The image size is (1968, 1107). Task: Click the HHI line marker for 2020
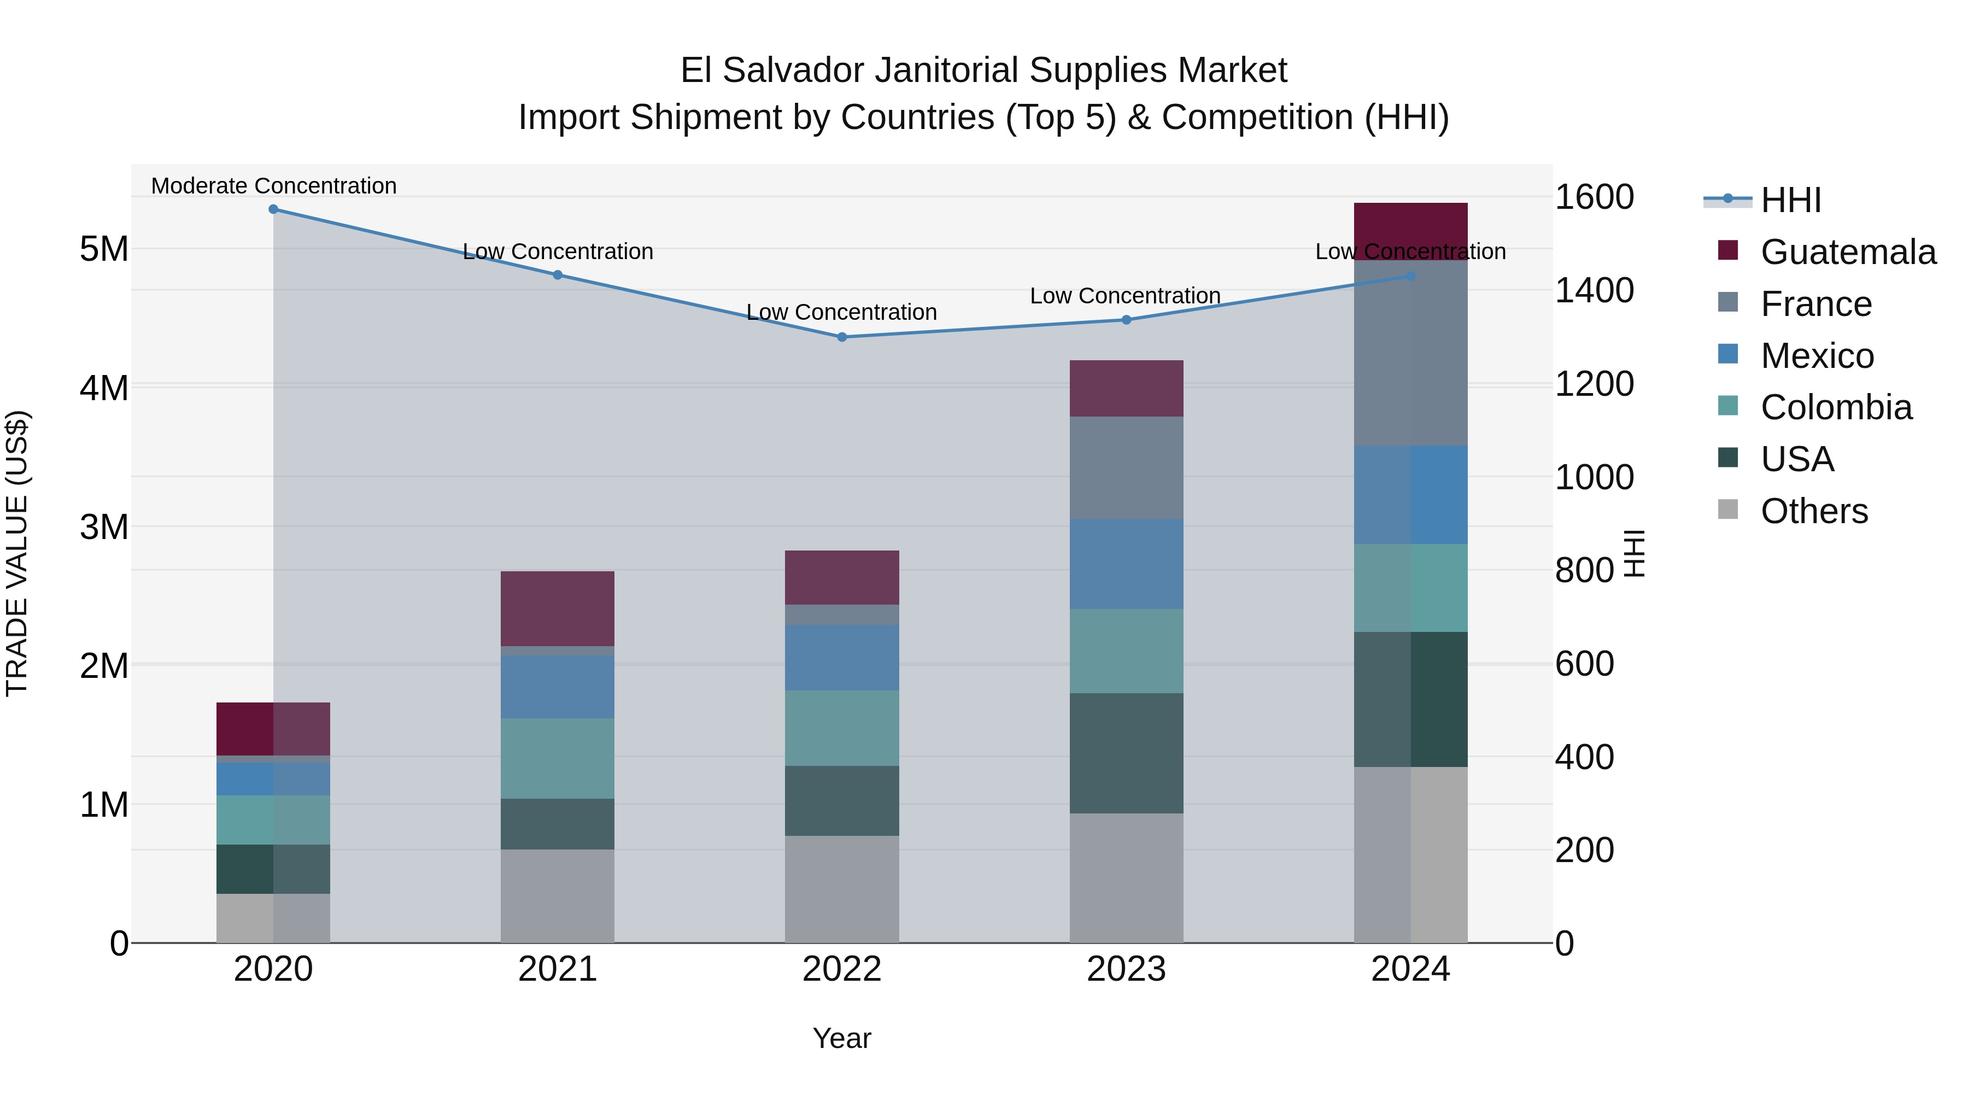coord(273,209)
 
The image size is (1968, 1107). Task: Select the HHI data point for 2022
coord(841,337)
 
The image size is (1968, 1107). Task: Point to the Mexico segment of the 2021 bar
coord(557,686)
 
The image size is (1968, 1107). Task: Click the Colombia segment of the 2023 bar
coord(1126,651)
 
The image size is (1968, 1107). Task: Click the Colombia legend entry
coord(1835,407)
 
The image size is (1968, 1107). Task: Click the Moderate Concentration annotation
coord(273,186)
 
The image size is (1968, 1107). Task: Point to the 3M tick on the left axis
coord(104,527)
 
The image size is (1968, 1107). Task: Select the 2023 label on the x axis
coord(1126,969)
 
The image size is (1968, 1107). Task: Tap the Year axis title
coord(841,1038)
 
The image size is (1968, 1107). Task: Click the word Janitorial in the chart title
coord(946,71)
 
